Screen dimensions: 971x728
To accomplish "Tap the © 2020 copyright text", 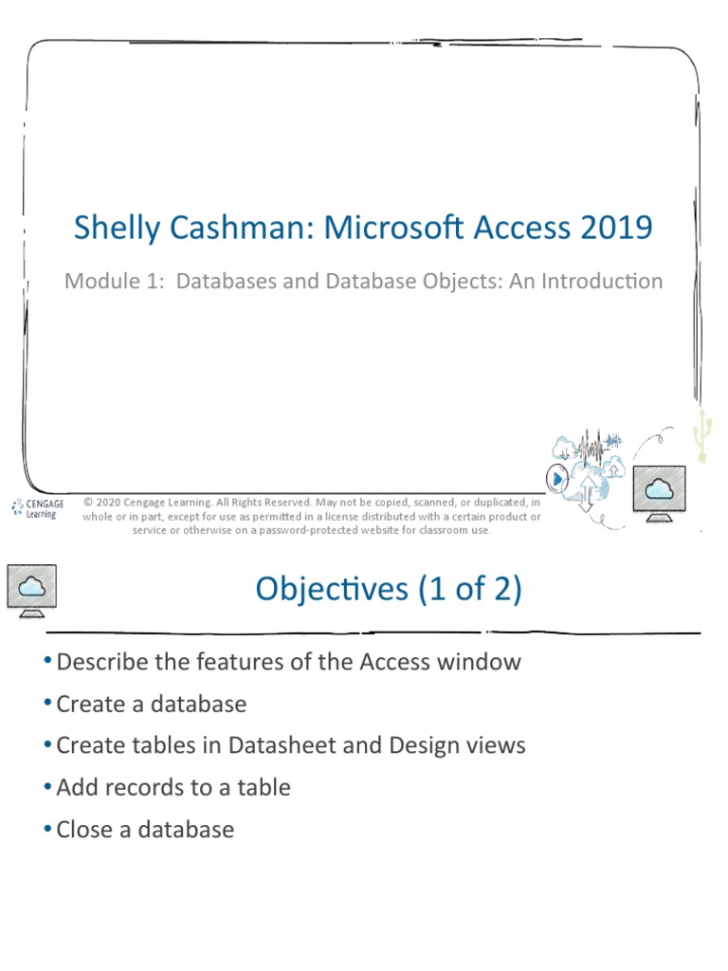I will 108,503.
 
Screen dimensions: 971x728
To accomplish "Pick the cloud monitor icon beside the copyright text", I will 657,493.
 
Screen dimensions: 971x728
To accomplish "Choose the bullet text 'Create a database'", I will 151,704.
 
